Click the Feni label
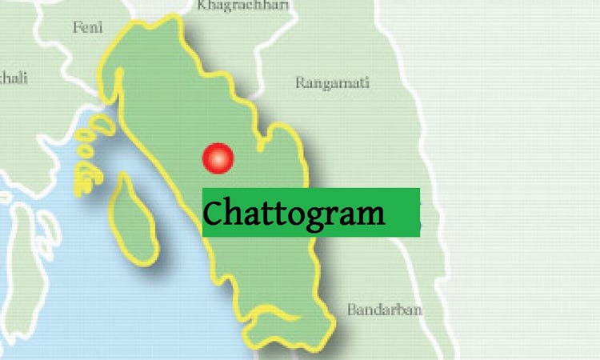[88, 26]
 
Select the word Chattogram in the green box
[294, 214]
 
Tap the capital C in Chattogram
[214, 214]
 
